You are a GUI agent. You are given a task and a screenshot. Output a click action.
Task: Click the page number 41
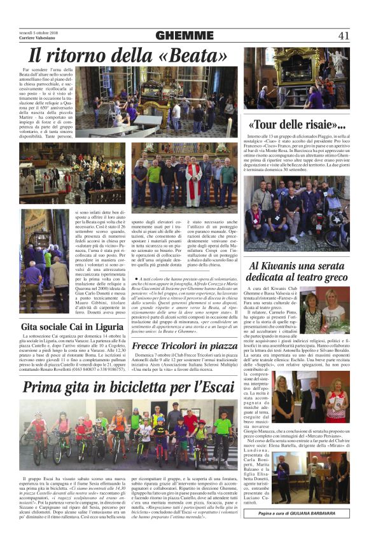pyautogui.click(x=343, y=35)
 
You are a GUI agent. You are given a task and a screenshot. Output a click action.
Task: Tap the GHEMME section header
pyautogui.click(x=184, y=35)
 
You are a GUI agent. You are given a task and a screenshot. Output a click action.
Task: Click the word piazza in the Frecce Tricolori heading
pyautogui.click(x=222, y=345)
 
